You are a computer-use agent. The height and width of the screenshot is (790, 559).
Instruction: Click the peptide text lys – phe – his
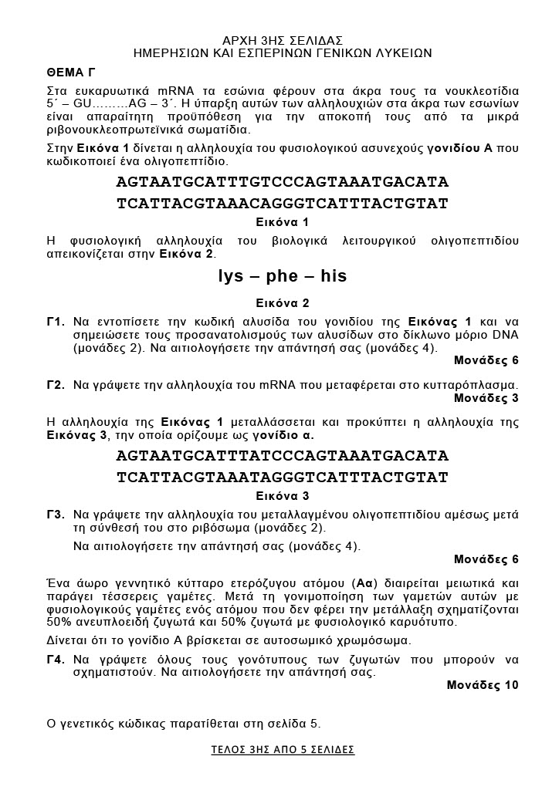tap(283, 276)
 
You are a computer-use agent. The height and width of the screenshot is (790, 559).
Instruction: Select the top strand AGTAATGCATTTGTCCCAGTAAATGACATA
tap(283, 183)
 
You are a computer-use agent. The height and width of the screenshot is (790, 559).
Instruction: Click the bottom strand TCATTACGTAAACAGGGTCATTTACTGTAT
tap(283, 204)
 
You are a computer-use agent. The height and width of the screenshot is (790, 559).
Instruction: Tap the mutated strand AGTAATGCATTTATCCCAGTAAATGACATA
tap(283, 456)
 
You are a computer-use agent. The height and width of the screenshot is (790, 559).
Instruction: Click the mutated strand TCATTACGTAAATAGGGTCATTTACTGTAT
tap(283, 478)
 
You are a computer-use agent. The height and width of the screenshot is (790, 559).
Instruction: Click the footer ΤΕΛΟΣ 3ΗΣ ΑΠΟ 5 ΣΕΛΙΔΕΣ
tap(283, 749)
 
